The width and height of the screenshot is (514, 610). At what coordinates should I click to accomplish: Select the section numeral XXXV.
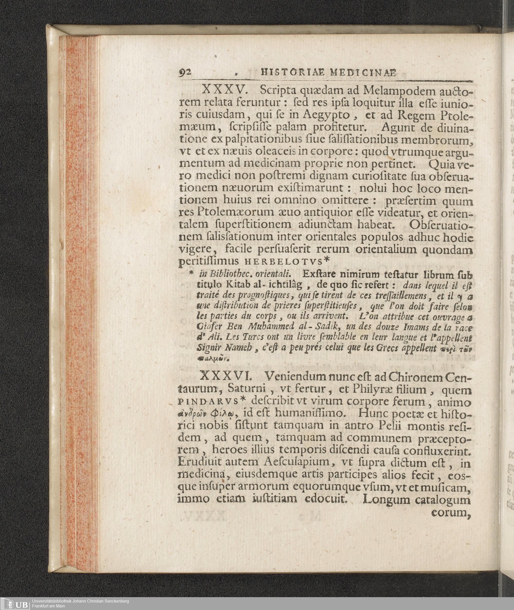(225, 90)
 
